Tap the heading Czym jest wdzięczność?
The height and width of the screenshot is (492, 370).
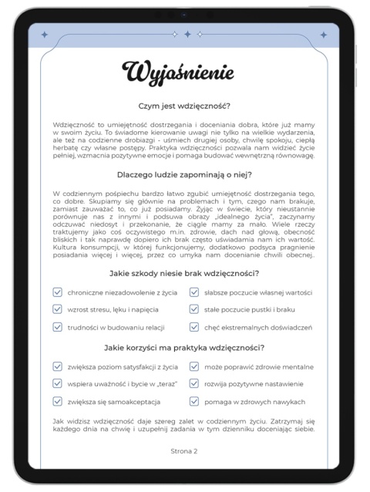(184, 107)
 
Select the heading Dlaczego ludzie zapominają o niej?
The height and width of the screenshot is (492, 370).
(184, 175)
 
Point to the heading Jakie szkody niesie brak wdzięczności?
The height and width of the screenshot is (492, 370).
(184, 274)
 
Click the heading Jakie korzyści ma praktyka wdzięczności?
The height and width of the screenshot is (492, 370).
(184, 348)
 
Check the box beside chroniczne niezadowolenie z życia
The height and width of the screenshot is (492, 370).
(58, 292)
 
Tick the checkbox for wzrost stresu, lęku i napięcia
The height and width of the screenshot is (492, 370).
(58, 309)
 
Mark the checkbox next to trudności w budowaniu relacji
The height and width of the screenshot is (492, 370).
(58, 327)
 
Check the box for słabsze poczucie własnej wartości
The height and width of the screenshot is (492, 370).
(193, 292)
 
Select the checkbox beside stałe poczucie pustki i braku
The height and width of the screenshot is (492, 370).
(193, 309)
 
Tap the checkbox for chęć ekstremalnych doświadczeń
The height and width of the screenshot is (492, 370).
(193, 327)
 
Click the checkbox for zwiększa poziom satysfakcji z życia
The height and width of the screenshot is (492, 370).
(58, 367)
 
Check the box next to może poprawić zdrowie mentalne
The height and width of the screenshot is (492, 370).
(193, 367)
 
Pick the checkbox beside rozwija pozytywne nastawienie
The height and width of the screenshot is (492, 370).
(193, 384)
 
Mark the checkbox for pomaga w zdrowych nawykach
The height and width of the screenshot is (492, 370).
(193, 401)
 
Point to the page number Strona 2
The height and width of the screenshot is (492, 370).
(184, 450)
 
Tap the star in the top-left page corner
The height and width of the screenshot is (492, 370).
(44, 34)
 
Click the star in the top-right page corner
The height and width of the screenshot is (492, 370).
(325, 34)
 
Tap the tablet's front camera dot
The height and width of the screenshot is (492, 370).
(184, 14)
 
